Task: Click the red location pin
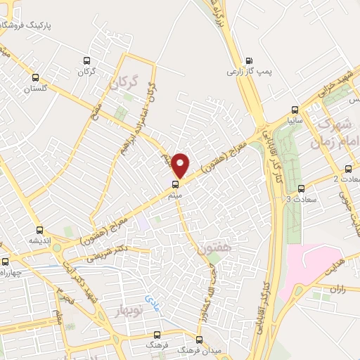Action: tap(181, 165)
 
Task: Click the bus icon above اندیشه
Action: tap(39, 229)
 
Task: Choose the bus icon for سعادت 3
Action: tap(301, 188)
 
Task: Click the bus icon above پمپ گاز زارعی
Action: tap(248, 60)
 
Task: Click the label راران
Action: tap(339, 288)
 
